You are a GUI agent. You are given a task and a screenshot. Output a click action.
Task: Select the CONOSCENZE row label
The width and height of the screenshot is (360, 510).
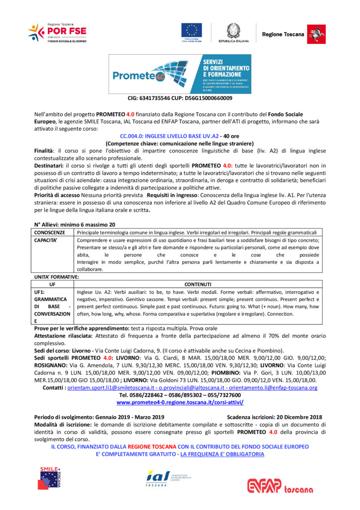[x=50, y=233]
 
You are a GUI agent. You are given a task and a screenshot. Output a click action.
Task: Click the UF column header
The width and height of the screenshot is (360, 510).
[x=52, y=284]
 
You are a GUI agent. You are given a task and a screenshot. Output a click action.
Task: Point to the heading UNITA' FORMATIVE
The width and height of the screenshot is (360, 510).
[x=56, y=276]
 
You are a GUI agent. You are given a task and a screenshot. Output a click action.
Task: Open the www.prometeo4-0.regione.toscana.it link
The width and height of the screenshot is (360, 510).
[x=180, y=401]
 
